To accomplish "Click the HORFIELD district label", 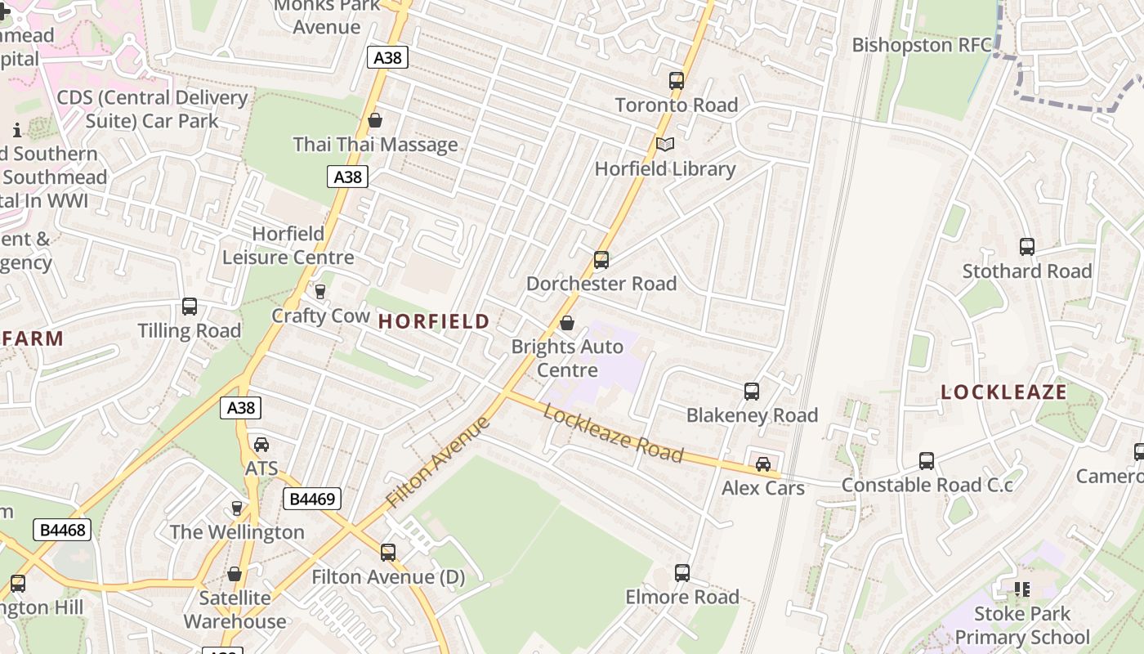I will [434, 321].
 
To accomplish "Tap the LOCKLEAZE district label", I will [1003, 392].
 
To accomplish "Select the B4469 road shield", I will [311, 499].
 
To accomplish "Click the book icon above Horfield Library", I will [665, 145].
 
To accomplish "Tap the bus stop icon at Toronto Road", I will [676, 81].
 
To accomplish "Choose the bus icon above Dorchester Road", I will [601, 260].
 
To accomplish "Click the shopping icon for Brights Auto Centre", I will [567, 323].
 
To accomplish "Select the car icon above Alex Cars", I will [762, 464].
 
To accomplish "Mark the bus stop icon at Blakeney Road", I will [752, 392].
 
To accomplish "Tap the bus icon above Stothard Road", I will [1027, 247].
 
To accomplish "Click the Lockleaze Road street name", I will [613, 433].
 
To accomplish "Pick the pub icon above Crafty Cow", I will [320, 292].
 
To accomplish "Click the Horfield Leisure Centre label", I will [288, 245].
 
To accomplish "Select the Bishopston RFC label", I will [922, 45].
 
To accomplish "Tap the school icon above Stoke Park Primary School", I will [1021, 589].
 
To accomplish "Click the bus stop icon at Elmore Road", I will [682, 573].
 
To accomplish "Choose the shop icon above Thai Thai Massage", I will [375, 121].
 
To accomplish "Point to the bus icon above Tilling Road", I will [190, 307].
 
